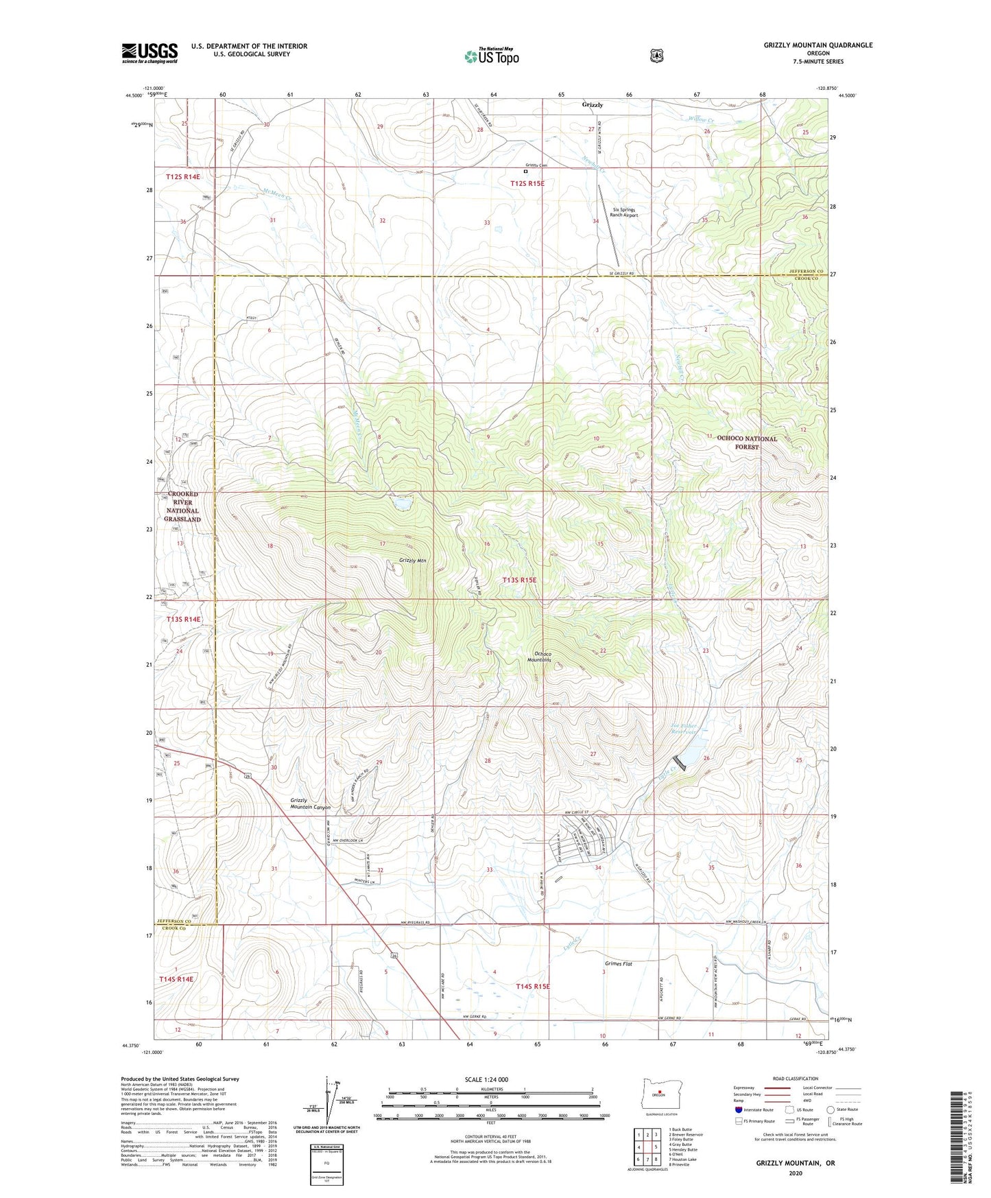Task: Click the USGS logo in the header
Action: [150, 53]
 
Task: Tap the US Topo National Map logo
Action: [491, 56]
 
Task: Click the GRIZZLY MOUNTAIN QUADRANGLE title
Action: [817, 45]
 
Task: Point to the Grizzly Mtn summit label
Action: [413, 561]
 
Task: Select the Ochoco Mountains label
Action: [552, 655]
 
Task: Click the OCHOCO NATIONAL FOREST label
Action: [747, 442]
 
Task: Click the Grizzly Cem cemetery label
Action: [536, 165]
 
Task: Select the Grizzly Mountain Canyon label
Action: [310, 803]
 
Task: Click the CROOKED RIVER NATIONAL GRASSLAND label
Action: [182, 506]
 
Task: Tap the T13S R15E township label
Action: [519, 580]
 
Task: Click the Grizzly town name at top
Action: [592, 105]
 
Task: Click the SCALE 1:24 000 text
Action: [486, 1079]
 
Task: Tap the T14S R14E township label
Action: [176, 978]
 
